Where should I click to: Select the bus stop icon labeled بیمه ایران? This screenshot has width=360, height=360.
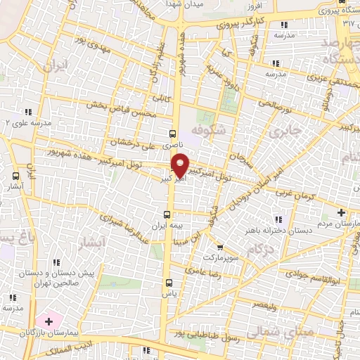[167, 214]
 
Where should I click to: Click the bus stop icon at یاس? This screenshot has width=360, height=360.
[167, 283]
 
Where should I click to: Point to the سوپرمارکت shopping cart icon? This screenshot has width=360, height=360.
[220, 247]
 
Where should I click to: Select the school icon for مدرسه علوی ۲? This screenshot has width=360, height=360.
[29, 111]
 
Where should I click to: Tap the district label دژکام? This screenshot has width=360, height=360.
[260, 249]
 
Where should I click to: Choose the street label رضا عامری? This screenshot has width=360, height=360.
[202, 271]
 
